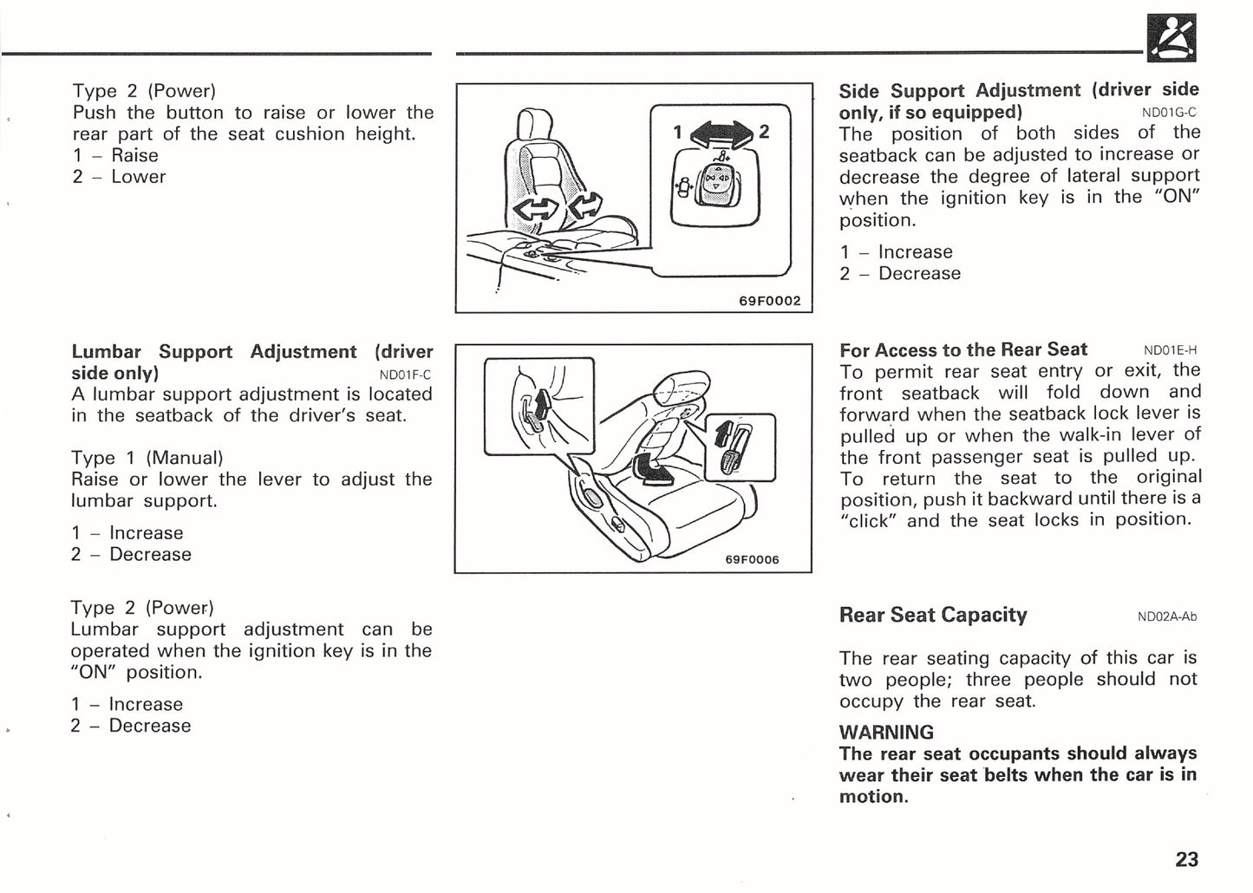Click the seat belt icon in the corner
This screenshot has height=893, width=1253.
pos(1172,38)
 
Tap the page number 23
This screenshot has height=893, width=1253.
pos(1186,859)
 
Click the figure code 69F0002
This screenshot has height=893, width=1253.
pos(769,301)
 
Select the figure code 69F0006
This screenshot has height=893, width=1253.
pos(752,559)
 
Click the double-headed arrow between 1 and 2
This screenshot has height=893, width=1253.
pos(720,132)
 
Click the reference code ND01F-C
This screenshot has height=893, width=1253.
pos(405,375)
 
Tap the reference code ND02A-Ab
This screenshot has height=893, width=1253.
pos(1166,617)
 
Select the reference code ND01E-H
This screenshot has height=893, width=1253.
pos(1170,351)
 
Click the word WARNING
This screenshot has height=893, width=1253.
pos(886,732)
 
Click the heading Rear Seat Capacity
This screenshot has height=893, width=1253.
pos(932,616)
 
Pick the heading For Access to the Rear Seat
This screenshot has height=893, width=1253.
pos(963,350)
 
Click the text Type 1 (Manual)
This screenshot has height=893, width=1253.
pos(147,458)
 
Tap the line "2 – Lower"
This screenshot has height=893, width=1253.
pos(119,177)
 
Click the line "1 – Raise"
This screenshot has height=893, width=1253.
pos(115,155)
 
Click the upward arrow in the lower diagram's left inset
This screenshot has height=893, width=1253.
pos(542,404)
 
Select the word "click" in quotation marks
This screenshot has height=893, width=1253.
pos(870,521)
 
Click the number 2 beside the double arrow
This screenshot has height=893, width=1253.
pos(764,132)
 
